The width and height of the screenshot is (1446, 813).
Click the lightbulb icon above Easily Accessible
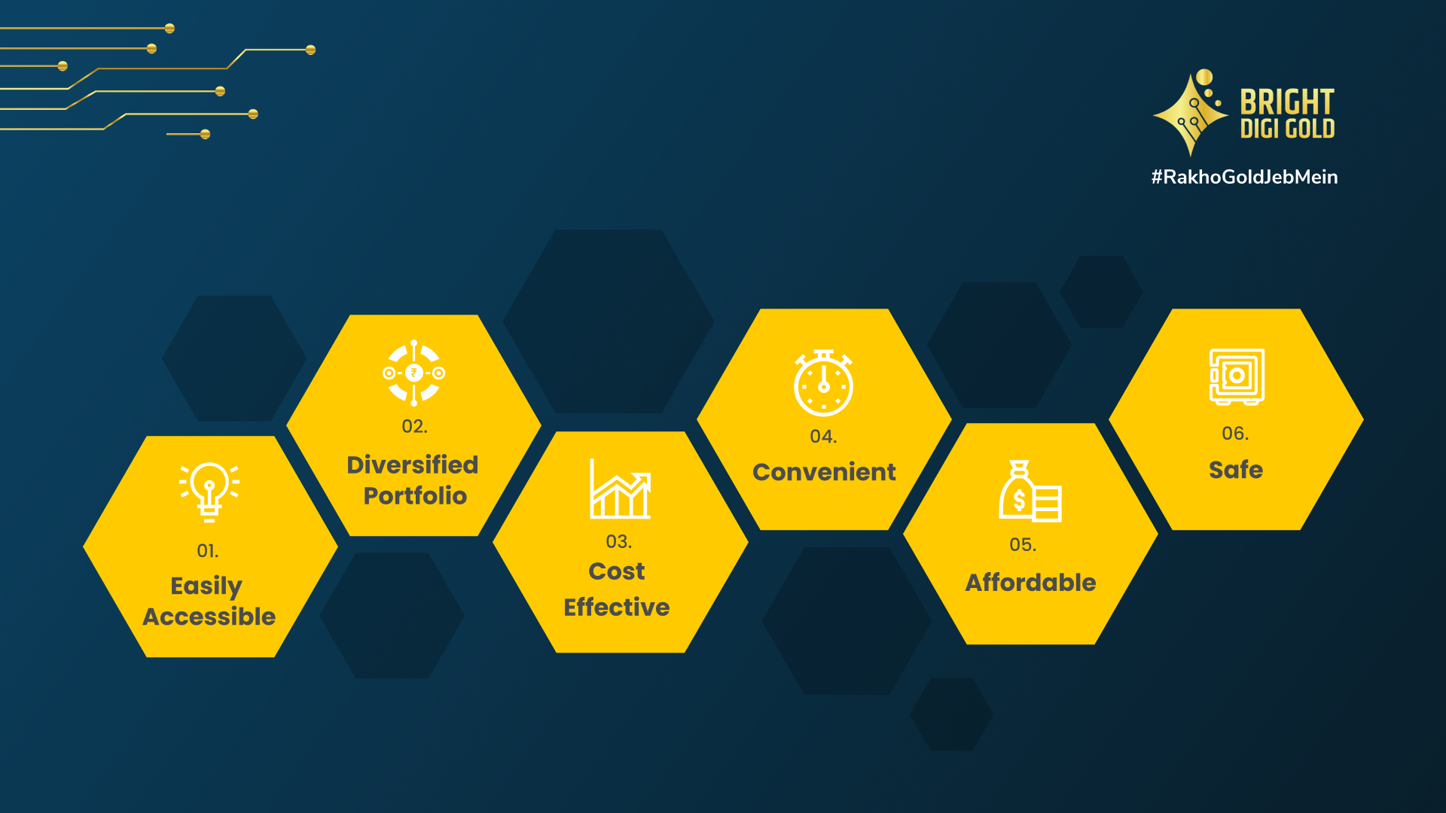coord(209,492)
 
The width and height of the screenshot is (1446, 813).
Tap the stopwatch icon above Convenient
coord(823,382)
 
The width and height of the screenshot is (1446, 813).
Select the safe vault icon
coord(1237,376)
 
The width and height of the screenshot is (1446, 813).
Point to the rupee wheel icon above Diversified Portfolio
coord(413,373)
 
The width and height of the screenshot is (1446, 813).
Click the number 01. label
coord(208,551)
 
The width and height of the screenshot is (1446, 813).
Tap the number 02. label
coord(414,426)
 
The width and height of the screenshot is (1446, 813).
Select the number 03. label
coord(618,541)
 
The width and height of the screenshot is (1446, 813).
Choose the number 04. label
coord(823,437)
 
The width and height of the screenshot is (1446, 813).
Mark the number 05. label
coord(1023,544)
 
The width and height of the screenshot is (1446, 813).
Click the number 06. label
coord(1235,433)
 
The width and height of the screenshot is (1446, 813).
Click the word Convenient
coord(824,472)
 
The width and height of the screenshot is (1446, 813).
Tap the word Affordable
coord(1030,583)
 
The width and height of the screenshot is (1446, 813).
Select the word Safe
coord(1235,470)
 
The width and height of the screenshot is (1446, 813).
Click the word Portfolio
coord(415,495)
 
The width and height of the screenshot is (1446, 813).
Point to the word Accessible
coord(209,617)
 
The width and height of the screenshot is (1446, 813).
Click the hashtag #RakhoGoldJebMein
coord(1244,177)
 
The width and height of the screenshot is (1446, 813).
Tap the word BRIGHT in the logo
coord(1286,102)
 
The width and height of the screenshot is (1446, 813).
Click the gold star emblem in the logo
coord(1191,114)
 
